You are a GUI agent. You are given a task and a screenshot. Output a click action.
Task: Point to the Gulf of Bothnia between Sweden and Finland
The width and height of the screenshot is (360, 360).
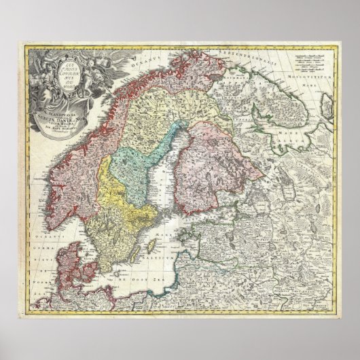point(158,170)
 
